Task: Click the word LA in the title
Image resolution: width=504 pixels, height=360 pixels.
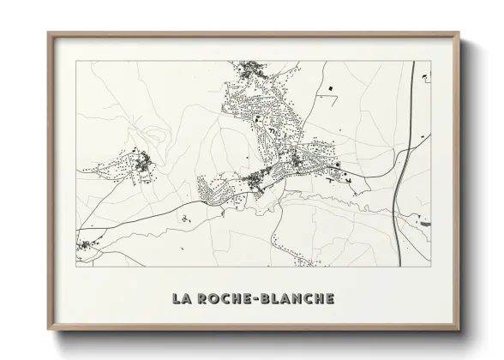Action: click(182, 298)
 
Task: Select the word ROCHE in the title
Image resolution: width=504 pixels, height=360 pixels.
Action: click(225, 298)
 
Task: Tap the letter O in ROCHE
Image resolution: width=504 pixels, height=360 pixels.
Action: click(214, 298)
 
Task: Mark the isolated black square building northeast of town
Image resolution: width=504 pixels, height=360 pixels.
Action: click(328, 87)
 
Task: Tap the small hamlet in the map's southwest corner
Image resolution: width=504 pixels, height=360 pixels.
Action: click(87, 247)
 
